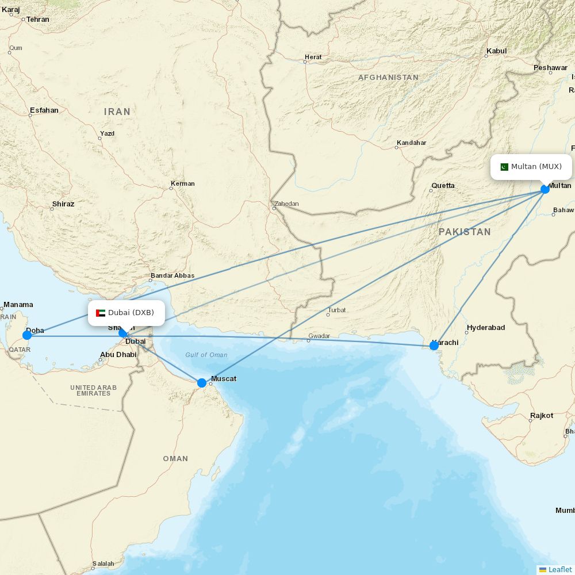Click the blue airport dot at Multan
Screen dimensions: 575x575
[x=545, y=189]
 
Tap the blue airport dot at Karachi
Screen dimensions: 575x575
[x=434, y=346]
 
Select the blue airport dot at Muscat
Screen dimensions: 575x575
[x=202, y=383]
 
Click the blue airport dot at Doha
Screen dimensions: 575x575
[x=27, y=335]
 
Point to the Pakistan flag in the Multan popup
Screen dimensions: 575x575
[x=504, y=167]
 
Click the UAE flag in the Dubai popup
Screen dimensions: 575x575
[x=101, y=313]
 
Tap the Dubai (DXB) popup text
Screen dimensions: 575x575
[x=131, y=313]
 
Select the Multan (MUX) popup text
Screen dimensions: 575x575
[x=536, y=167]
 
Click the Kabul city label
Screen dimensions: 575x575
[x=496, y=51]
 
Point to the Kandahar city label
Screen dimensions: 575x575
[x=411, y=143]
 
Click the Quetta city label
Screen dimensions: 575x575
[x=443, y=186]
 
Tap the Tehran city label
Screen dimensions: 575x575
[x=38, y=20]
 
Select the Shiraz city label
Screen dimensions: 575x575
[x=63, y=204]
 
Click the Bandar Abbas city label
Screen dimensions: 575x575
[x=172, y=276]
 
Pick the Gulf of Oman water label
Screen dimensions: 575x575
[x=206, y=355]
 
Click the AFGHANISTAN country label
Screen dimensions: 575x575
[x=388, y=78]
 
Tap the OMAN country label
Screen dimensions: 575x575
[x=175, y=459]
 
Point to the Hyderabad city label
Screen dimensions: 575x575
[x=486, y=328]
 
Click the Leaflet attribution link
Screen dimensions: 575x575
[x=559, y=570]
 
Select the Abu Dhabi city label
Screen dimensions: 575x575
[x=118, y=355]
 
